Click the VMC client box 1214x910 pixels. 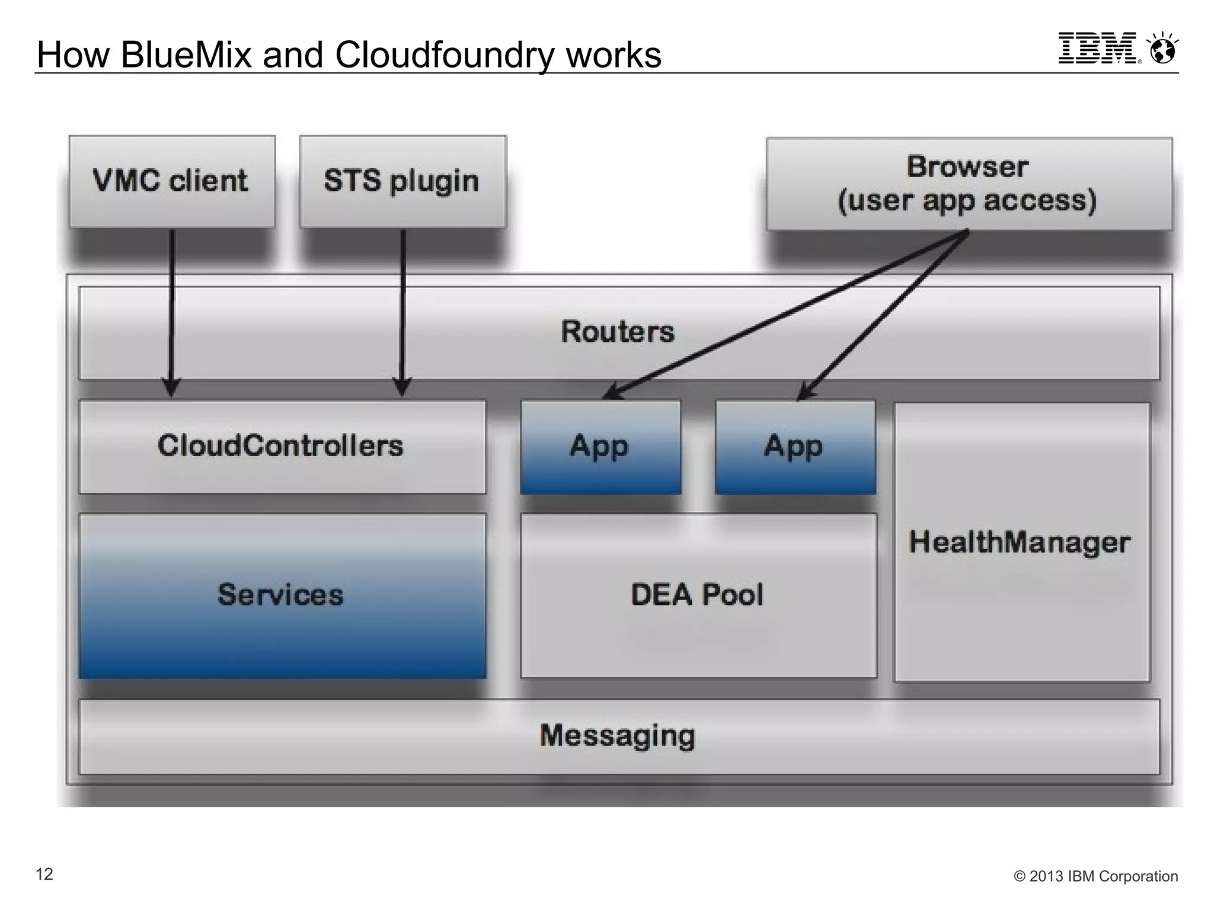click(x=172, y=181)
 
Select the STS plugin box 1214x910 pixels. click(x=402, y=181)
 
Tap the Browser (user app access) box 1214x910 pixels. click(x=969, y=184)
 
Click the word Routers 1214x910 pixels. click(x=618, y=332)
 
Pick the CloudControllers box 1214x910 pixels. click(x=282, y=447)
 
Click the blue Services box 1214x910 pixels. click(x=282, y=595)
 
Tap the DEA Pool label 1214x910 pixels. click(x=697, y=595)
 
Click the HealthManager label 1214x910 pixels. click(x=1020, y=542)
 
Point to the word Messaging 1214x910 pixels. click(x=618, y=736)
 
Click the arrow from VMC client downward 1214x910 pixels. click(x=172, y=308)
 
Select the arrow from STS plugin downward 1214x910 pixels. click(x=402, y=308)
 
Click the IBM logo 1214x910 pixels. click(x=1097, y=49)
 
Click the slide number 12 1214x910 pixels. click(x=44, y=874)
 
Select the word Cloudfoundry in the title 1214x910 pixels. click(x=443, y=55)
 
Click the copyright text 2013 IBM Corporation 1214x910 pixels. click(x=1096, y=876)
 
